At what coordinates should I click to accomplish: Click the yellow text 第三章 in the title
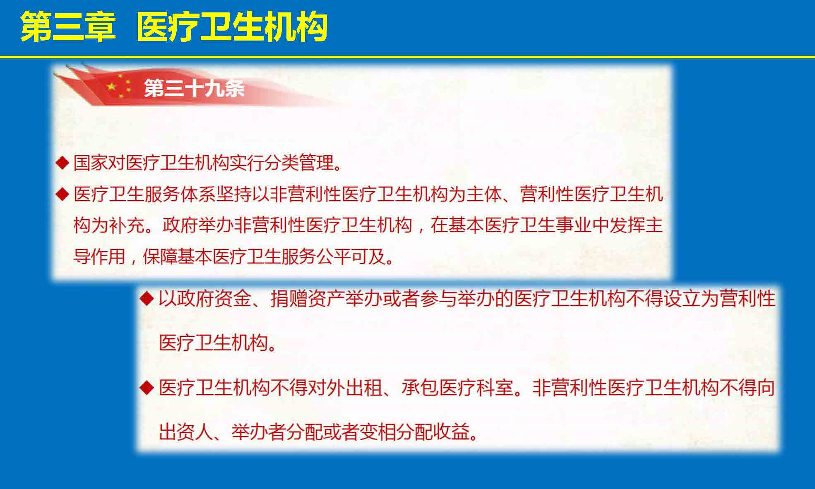(x=67, y=27)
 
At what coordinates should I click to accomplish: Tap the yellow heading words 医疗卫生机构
(x=232, y=27)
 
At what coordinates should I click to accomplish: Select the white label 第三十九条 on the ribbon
(x=194, y=88)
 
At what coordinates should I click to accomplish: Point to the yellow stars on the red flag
(x=119, y=86)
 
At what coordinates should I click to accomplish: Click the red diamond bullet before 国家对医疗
(x=62, y=163)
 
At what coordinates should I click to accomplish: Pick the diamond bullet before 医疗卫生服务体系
(x=62, y=194)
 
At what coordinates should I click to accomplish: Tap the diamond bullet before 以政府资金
(x=147, y=298)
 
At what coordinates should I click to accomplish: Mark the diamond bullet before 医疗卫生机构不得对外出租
(x=147, y=388)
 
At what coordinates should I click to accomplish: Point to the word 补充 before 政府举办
(x=126, y=225)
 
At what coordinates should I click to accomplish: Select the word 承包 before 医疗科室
(x=419, y=388)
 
